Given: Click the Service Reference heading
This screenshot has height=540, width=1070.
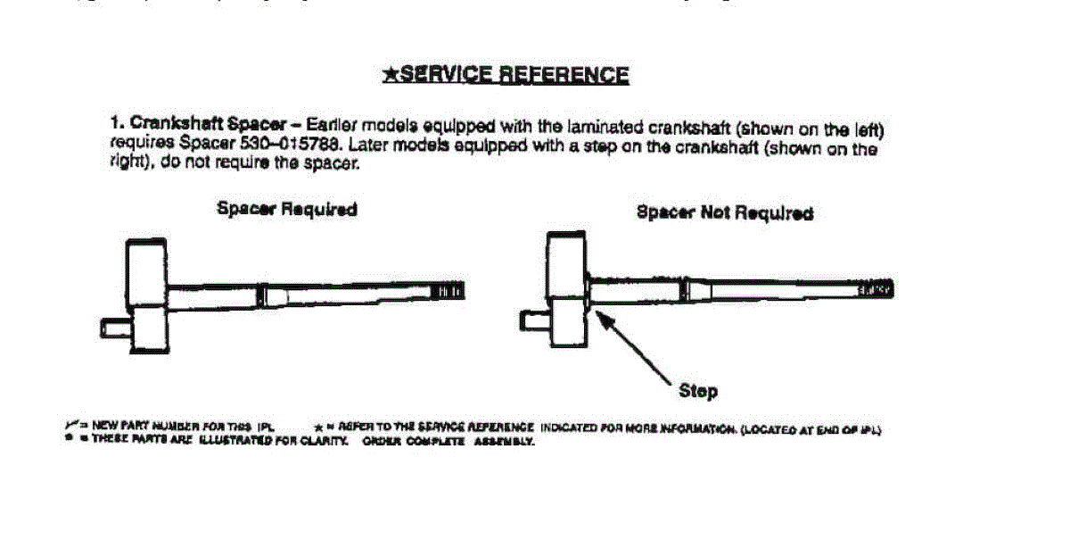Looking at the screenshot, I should tap(514, 74).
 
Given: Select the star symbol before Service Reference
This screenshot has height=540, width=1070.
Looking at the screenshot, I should tap(390, 74).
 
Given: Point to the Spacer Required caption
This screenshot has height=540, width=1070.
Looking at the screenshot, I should tap(286, 209).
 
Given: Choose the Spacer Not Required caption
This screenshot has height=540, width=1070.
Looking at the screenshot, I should tap(724, 213).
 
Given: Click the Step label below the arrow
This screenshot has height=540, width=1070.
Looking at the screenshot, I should tap(697, 391).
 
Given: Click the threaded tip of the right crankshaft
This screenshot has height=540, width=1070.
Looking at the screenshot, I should tap(877, 289).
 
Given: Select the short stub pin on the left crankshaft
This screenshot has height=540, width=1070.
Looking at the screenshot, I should tap(114, 328).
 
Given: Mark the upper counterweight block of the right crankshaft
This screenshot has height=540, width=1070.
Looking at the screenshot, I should tap(566, 264).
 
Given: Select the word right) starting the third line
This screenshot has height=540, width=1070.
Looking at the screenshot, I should tap(128, 164).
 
